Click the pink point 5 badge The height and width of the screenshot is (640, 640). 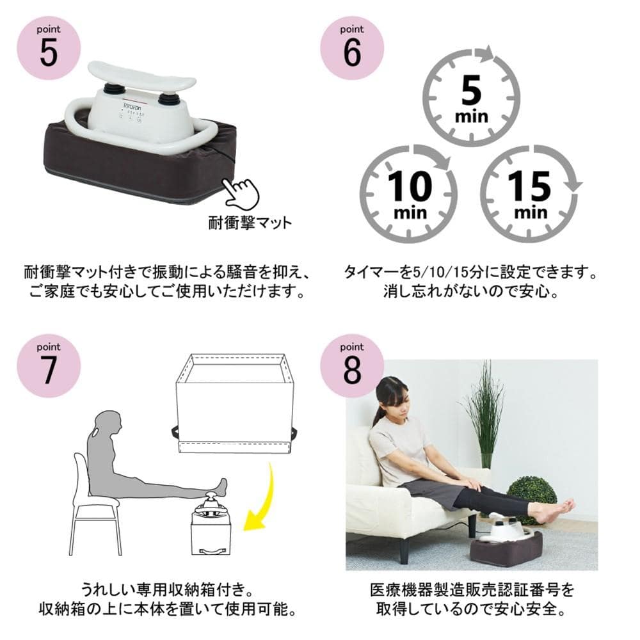click(49, 48)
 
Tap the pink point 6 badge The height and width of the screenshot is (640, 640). click(352, 48)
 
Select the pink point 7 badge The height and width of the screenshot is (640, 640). click(49, 365)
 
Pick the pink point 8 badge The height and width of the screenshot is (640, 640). click(352, 365)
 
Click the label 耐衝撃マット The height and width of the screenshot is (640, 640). click(250, 223)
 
